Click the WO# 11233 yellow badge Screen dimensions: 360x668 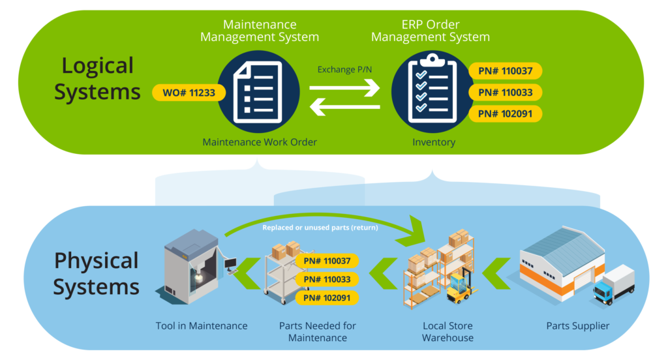point(188,93)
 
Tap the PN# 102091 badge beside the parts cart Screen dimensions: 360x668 point(327,298)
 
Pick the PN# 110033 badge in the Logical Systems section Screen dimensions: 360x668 point(505,93)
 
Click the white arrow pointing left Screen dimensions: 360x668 point(344,106)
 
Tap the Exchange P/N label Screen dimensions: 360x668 point(344,69)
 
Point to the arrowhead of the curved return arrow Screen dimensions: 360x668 point(415,232)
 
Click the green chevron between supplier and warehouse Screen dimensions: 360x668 point(500,271)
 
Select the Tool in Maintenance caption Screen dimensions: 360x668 point(202,325)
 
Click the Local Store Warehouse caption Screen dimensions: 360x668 point(448,331)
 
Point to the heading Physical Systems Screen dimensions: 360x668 point(96,273)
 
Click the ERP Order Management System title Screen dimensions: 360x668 point(430,31)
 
